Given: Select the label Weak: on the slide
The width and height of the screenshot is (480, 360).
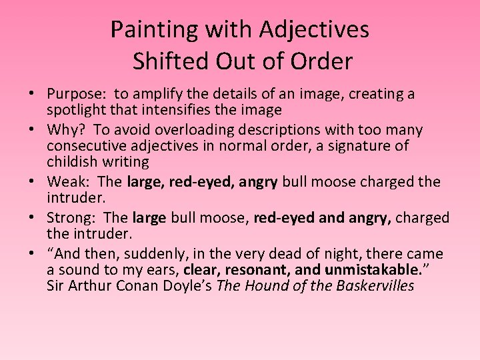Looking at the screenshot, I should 69,181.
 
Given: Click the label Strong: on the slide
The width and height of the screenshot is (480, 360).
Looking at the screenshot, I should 73,217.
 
